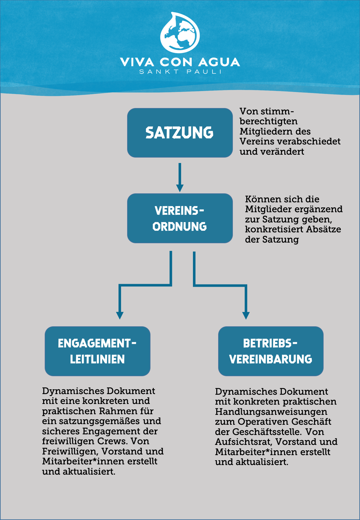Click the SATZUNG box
[x=180, y=133]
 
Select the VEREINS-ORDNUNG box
[x=180, y=218]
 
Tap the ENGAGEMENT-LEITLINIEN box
[x=97, y=351]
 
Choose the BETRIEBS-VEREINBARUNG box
[x=271, y=351]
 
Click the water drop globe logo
[x=180, y=33]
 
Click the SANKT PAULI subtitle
[x=180, y=72]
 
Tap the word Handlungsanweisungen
[x=271, y=412]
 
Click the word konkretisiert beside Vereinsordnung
[x=274, y=229]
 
